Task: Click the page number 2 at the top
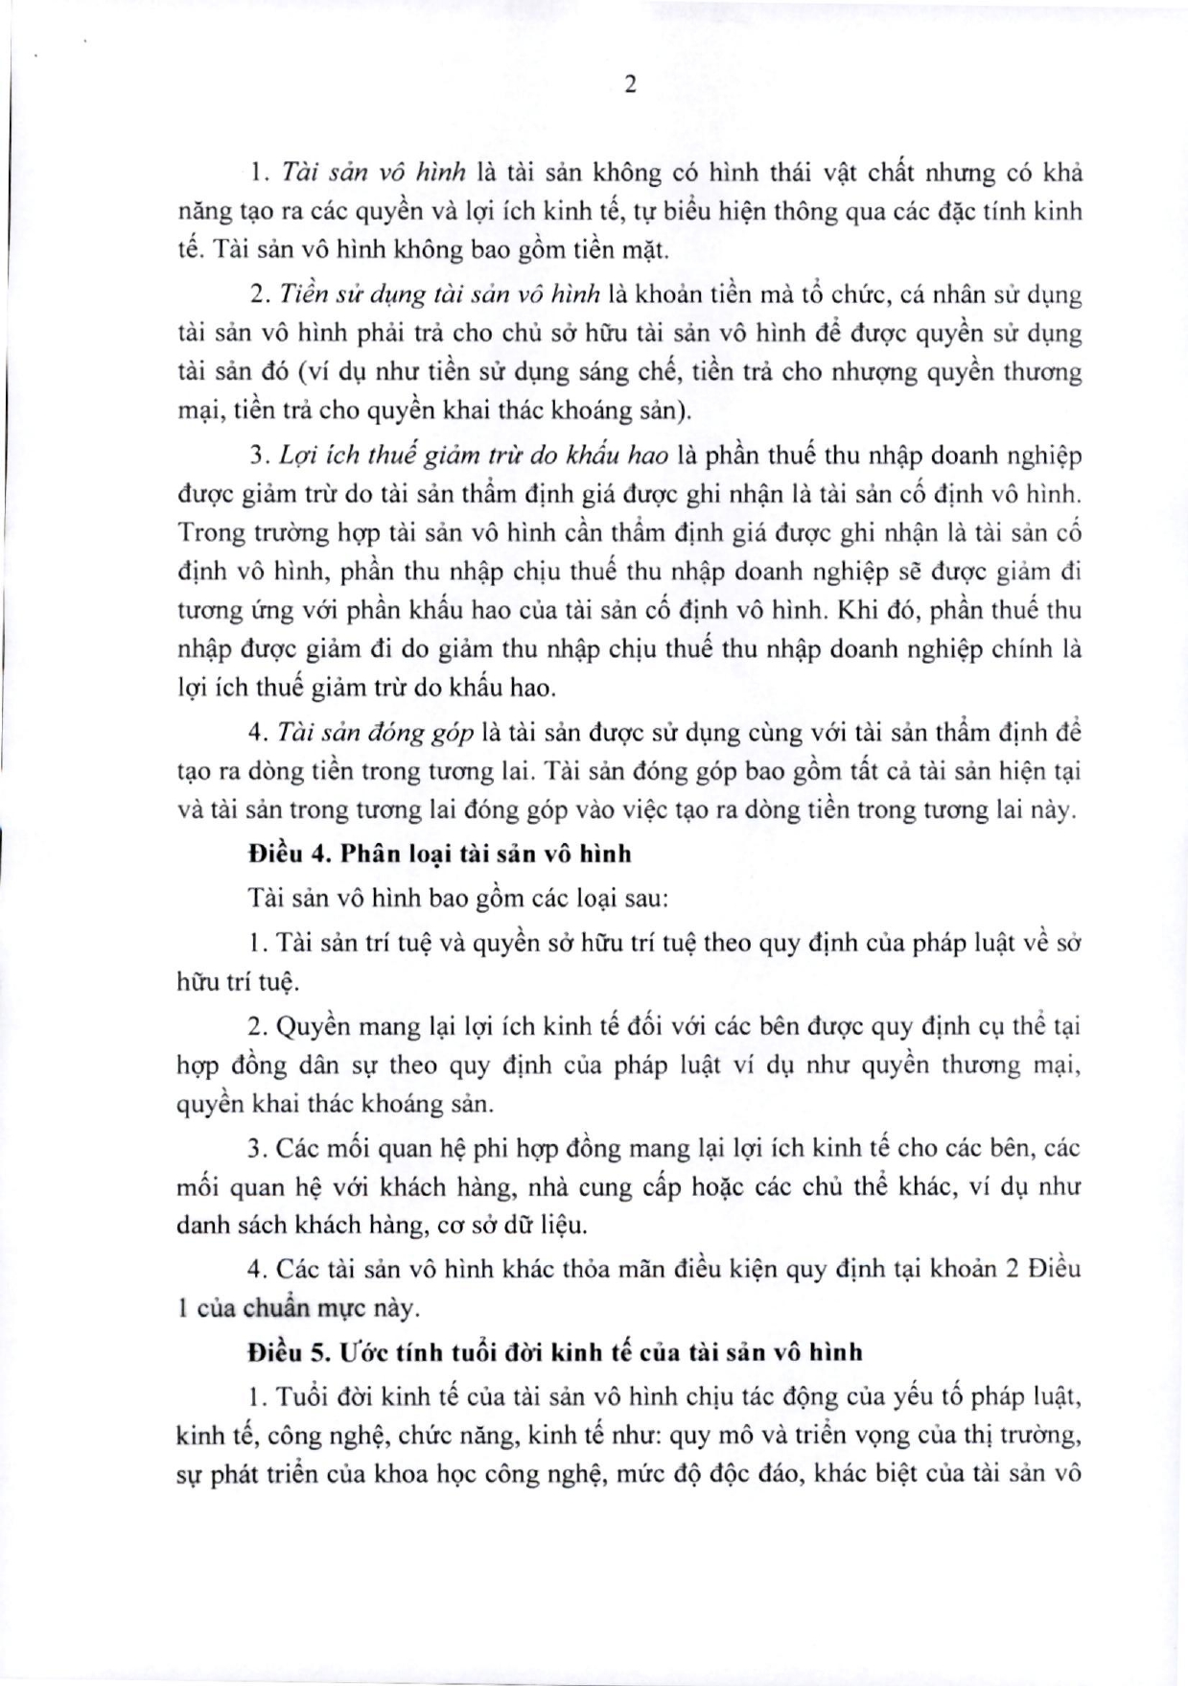click(630, 85)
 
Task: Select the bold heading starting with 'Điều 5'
click(554, 1351)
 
